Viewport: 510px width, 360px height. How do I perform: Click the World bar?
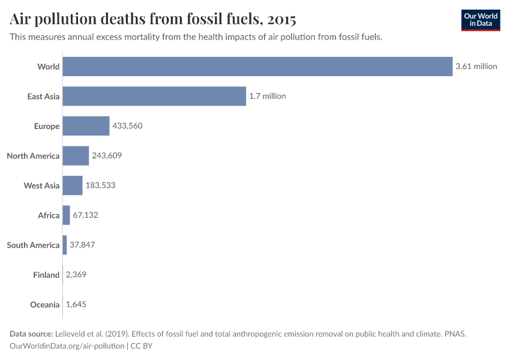coord(257,67)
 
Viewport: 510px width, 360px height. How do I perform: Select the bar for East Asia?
coord(154,96)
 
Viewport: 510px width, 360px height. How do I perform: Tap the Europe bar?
coord(86,126)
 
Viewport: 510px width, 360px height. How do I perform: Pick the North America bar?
coord(76,156)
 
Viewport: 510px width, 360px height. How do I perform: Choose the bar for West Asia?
coord(73,185)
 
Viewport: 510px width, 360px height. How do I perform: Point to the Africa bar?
coord(67,215)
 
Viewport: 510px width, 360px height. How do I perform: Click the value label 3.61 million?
coord(476,67)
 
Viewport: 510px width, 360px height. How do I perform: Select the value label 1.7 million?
coord(268,96)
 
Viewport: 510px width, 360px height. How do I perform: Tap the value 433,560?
coord(127,126)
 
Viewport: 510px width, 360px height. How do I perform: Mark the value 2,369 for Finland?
coord(77,275)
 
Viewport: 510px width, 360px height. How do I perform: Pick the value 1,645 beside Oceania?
coord(76,305)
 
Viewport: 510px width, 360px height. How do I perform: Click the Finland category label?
coord(46,275)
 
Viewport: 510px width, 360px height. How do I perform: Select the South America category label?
coord(33,245)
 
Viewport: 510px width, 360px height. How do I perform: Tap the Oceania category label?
coord(45,305)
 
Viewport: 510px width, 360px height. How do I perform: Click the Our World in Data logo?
coord(481,20)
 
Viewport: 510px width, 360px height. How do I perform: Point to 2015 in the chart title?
coord(281,19)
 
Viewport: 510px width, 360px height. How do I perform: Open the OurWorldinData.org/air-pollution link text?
coord(67,346)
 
